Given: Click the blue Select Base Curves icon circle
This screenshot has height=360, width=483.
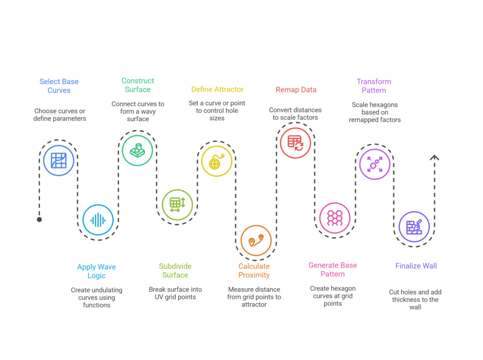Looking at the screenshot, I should [58, 161].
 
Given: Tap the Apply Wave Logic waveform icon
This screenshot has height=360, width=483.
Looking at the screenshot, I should [98, 220].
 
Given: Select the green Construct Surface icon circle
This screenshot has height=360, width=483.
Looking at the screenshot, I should [137, 151].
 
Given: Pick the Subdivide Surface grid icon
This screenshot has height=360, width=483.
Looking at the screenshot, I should [177, 204].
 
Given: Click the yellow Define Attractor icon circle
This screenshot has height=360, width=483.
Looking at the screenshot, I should [217, 161].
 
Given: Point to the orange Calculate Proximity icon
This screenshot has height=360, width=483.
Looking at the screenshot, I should [256, 240].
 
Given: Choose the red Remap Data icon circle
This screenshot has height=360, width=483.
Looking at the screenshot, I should [295, 142].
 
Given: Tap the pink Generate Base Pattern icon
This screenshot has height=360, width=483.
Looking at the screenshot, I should [335, 218].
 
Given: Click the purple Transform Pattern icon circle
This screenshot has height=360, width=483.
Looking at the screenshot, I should [375, 164].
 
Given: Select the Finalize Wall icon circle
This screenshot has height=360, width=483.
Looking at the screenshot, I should [414, 226].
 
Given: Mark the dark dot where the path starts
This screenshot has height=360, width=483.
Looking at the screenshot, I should [39, 219].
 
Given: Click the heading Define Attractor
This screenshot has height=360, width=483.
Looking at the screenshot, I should [217, 89].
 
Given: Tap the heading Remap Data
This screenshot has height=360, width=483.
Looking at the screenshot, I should [296, 90].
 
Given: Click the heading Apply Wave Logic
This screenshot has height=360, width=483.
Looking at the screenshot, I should [96, 271].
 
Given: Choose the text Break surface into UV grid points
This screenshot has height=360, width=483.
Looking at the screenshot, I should [175, 293].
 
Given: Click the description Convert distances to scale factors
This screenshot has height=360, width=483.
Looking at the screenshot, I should [295, 114].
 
